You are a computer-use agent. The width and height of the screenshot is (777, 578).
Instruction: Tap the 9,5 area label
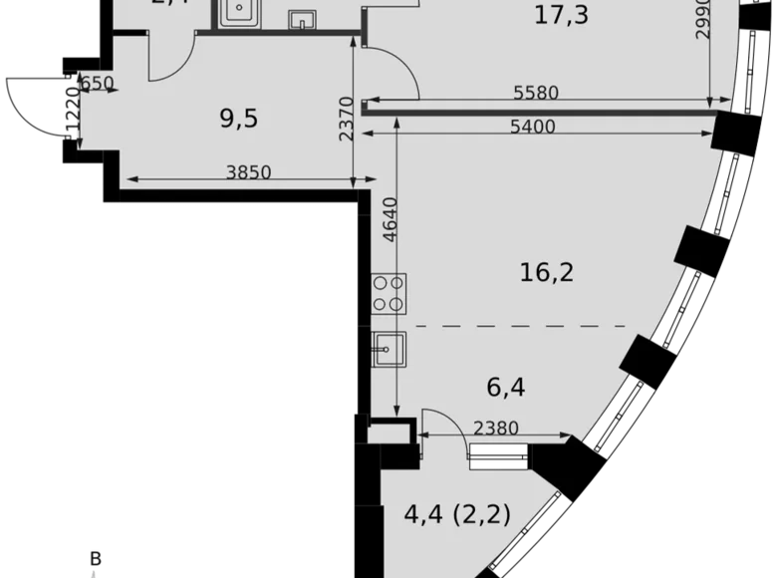238,119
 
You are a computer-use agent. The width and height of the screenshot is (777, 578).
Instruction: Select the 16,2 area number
547,271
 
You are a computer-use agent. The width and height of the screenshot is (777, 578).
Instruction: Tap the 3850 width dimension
248,171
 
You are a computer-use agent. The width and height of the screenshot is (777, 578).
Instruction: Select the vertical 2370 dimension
346,119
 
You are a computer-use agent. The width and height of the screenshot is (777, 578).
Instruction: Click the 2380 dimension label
495,429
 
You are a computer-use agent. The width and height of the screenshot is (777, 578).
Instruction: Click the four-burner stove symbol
388,294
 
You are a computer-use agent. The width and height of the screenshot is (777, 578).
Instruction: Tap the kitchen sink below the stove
388,348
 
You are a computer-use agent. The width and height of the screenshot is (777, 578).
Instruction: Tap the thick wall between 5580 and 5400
539,112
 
